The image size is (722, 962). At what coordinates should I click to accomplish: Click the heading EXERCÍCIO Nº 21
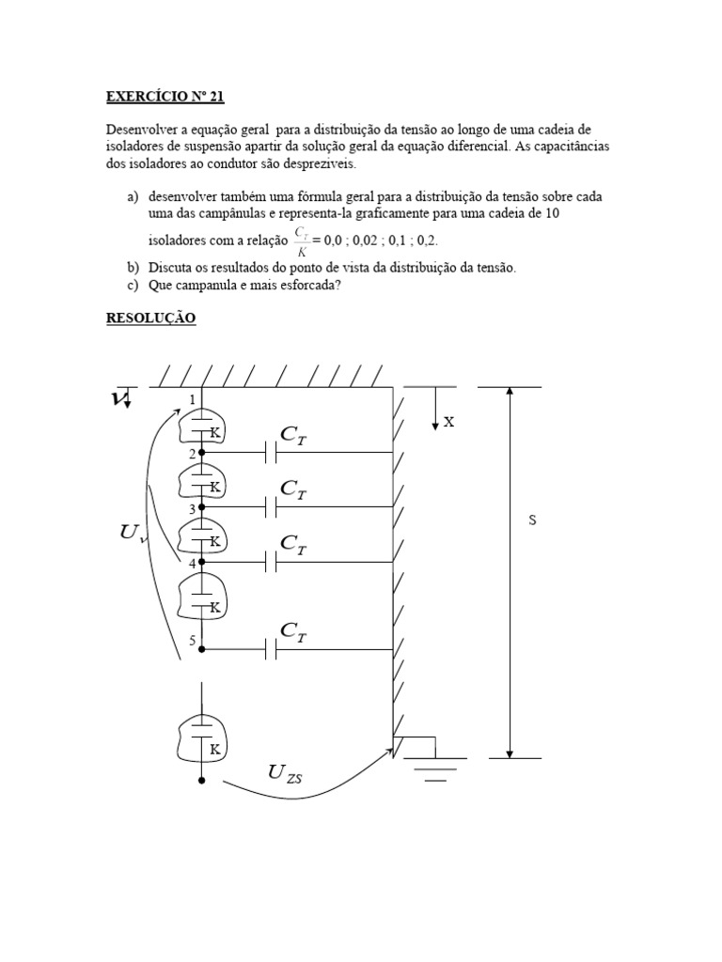click(x=165, y=96)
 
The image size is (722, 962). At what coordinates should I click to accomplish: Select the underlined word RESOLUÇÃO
click(x=149, y=318)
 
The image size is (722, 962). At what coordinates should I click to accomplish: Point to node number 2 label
click(x=193, y=454)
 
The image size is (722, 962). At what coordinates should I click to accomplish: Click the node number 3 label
click(x=193, y=508)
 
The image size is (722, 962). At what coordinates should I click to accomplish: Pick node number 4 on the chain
click(x=193, y=563)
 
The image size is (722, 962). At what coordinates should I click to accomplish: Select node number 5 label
click(x=193, y=641)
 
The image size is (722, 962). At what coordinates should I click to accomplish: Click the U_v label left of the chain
click(x=131, y=535)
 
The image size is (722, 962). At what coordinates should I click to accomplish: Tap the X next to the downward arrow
click(x=449, y=423)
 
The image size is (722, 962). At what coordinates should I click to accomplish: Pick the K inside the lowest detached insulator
click(x=214, y=749)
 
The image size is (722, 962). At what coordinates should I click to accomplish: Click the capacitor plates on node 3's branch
click(x=271, y=508)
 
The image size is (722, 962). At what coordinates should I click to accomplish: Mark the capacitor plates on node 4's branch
click(x=271, y=563)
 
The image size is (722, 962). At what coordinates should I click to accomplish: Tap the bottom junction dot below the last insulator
click(x=202, y=780)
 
